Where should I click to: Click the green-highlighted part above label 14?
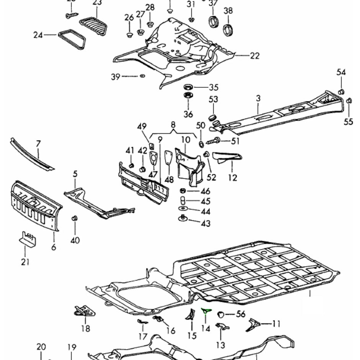coord(206,311)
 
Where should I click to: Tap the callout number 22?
coord(255,56)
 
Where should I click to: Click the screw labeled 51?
coord(214,141)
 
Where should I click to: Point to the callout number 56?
coord(241,314)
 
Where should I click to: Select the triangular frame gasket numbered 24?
coord(72,39)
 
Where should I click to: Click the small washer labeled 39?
coord(142,76)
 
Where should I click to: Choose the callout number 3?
coord(258,98)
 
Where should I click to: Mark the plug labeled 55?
coord(349,101)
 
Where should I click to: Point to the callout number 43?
coord(206,223)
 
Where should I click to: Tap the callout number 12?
coord(232,178)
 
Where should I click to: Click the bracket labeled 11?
coord(254,324)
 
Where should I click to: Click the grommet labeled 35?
coord(188,87)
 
